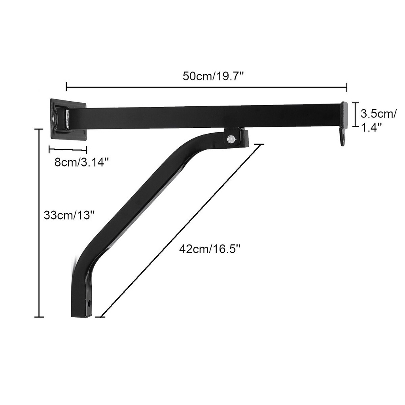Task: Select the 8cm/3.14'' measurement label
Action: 81,162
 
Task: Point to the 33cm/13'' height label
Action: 69,216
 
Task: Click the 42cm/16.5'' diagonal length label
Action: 210,249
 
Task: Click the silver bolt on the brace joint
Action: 231,139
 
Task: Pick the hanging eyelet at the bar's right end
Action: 343,139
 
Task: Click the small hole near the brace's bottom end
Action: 90,303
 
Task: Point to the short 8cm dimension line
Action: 68,150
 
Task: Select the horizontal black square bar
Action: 206,116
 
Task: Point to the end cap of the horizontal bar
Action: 344,115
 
